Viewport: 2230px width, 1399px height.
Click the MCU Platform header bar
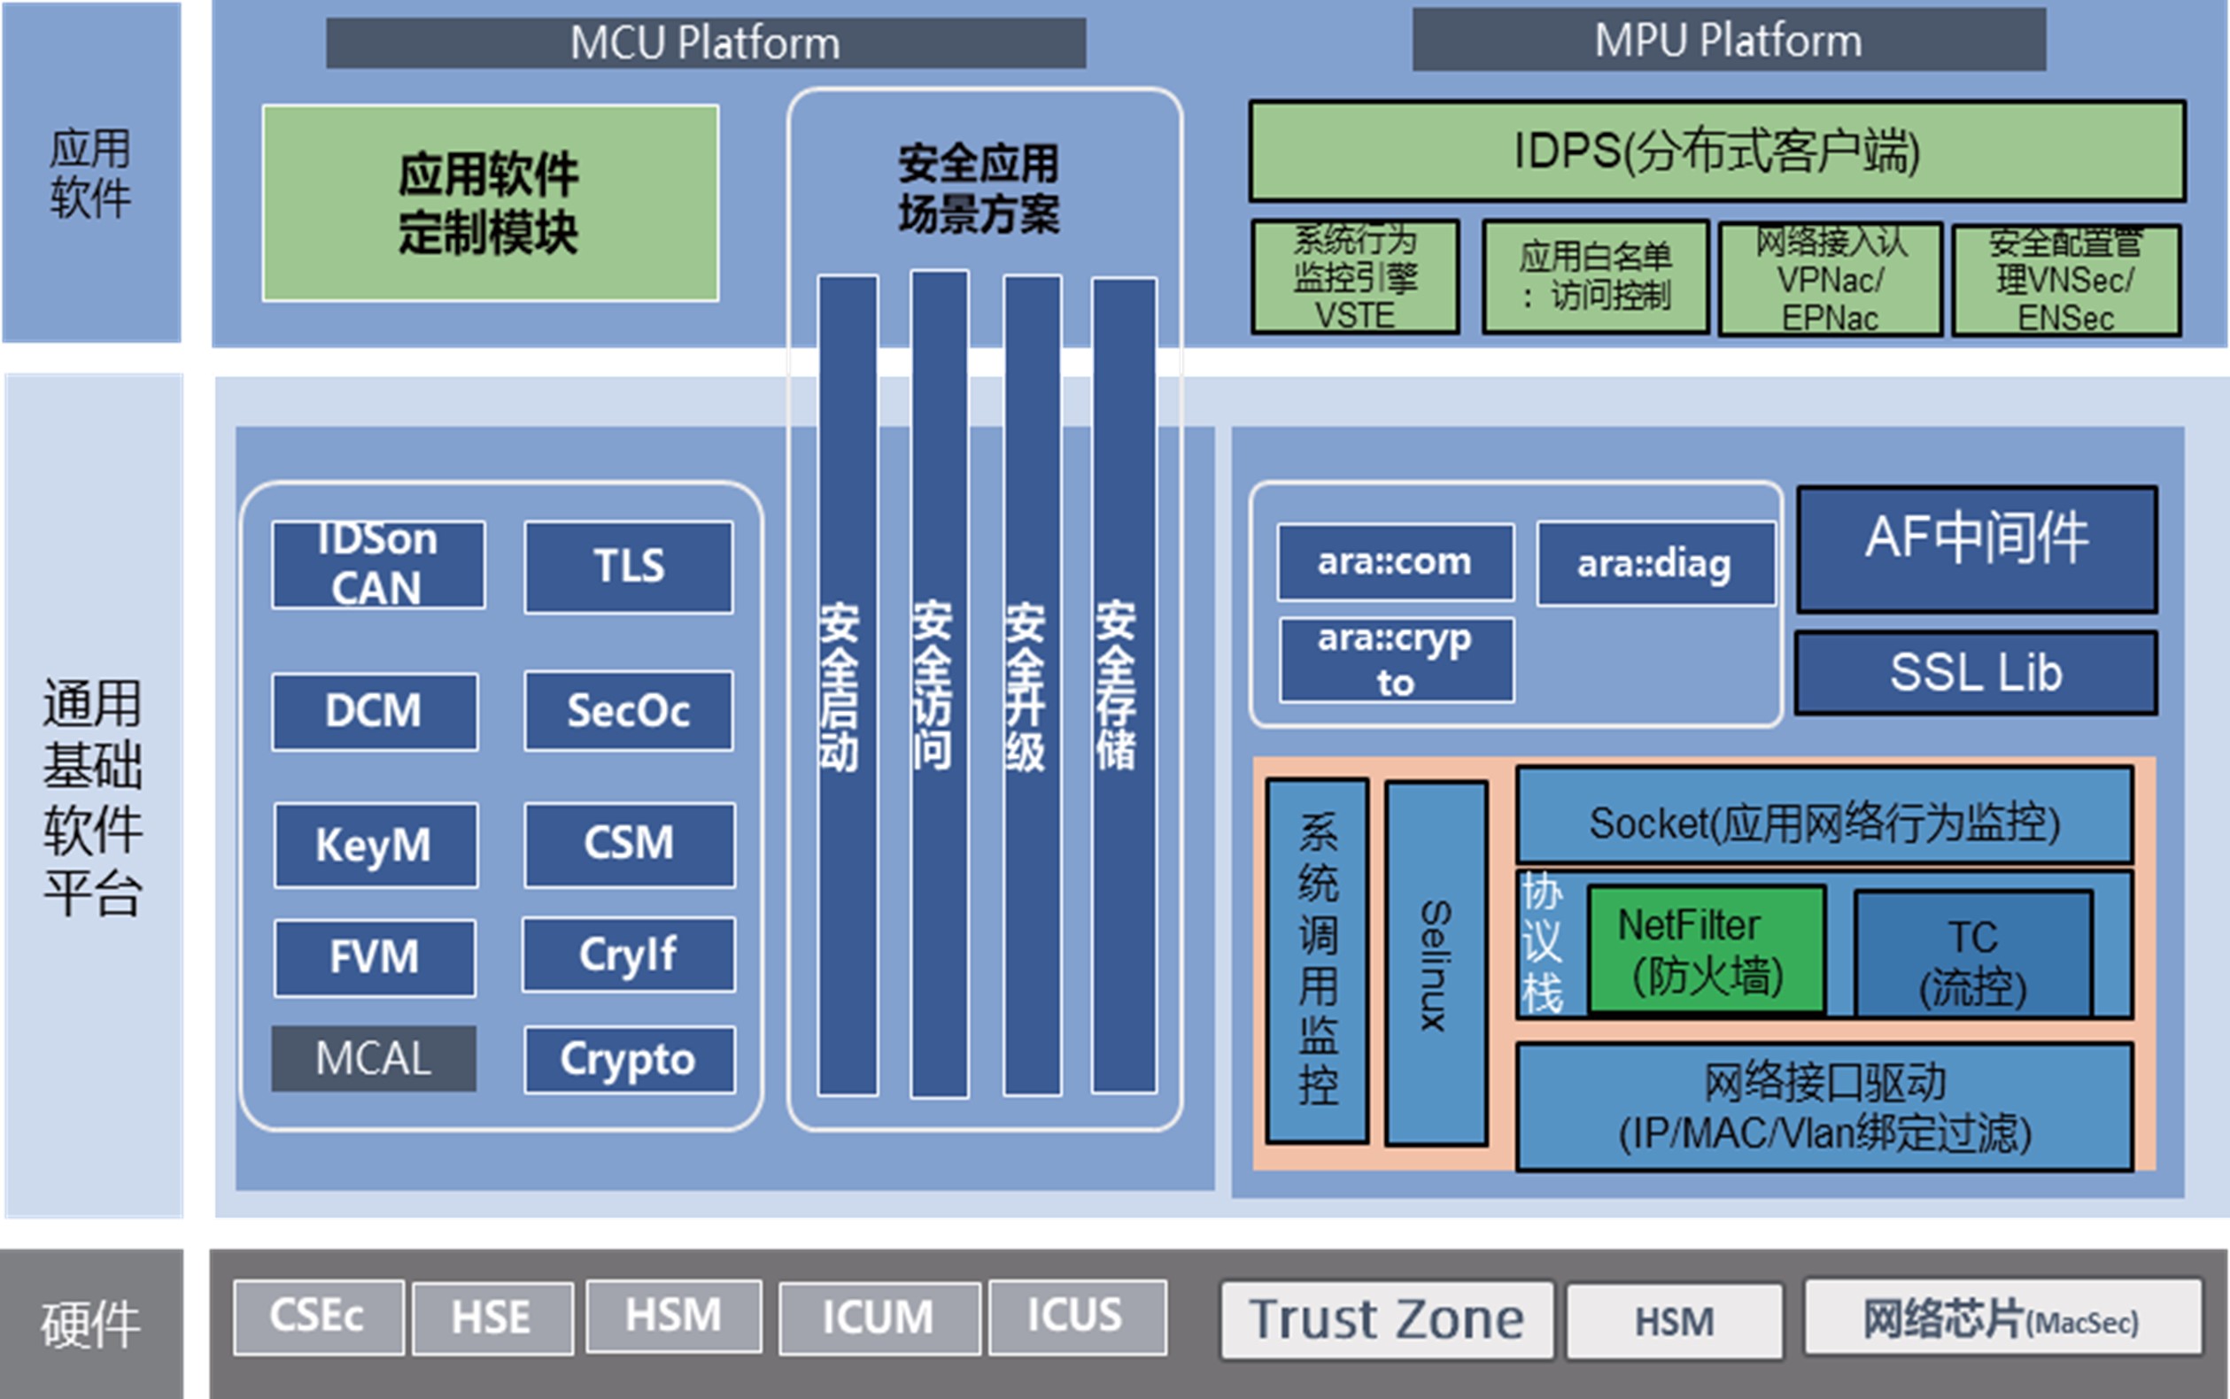tap(705, 43)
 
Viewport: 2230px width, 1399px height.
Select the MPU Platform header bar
tap(1729, 40)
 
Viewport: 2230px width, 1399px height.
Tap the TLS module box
tap(628, 567)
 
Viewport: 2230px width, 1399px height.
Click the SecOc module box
tap(628, 711)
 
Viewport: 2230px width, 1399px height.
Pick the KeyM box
tap(375, 845)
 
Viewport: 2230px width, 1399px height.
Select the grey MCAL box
tap(374, 1057)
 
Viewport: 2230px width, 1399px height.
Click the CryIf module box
tap(628, 954)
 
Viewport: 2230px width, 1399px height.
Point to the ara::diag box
tap(1655, 563)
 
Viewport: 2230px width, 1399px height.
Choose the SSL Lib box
tap(1976, 673)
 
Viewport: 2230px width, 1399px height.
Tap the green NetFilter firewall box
tap(1707, 949)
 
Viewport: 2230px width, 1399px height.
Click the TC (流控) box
tap(1973, 954)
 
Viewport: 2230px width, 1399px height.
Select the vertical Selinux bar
tap(1436, 963)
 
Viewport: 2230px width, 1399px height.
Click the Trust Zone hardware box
tap(1386, 1319)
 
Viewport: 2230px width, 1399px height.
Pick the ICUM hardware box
tap(879, 1318)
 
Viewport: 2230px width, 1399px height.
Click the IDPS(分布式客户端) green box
tap(1716, 151)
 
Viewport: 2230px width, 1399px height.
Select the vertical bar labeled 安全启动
tap(848, 684)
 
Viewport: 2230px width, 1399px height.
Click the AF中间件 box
tap(1976, 549)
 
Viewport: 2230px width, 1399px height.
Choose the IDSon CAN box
tap(377, 563)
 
